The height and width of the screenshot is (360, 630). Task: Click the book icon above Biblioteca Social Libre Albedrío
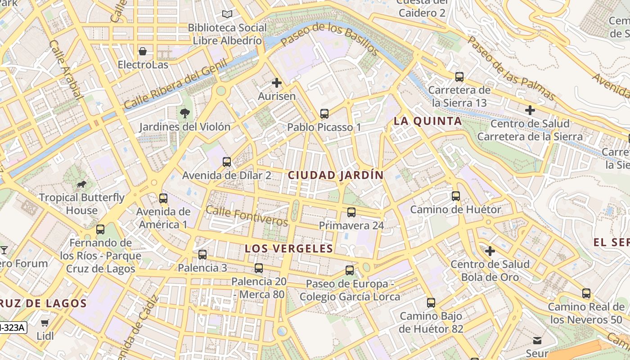point(227,14)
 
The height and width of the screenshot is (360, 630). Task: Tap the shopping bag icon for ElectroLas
point(143,51)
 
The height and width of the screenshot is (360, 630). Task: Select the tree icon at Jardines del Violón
point(184,113)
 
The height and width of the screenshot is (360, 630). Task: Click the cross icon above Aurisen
point(277,83)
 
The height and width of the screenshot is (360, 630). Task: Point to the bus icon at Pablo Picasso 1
point(324,113)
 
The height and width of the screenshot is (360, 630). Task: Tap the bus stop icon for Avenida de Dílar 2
point(227,162)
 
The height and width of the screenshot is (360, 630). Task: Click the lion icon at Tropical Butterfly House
point(81,184)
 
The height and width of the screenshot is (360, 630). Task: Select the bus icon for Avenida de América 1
point(163,198)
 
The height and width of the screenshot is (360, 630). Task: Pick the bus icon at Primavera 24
point(351,212)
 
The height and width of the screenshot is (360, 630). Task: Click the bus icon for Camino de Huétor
point(456,196)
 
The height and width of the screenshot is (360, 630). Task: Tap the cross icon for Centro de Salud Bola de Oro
point(490,251)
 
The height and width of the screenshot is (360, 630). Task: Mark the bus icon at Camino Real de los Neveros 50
point(586,293)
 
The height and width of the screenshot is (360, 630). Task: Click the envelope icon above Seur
point(537,340)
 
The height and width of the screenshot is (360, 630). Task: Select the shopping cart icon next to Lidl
point(45,323)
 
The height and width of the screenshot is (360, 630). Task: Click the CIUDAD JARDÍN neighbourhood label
point(336,175)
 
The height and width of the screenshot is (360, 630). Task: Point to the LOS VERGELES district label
point(289,248)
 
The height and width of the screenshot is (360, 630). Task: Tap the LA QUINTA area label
point(427,121)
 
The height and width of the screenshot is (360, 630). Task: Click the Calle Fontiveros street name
point(247,216)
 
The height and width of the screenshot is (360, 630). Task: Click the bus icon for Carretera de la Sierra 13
point(459,76)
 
